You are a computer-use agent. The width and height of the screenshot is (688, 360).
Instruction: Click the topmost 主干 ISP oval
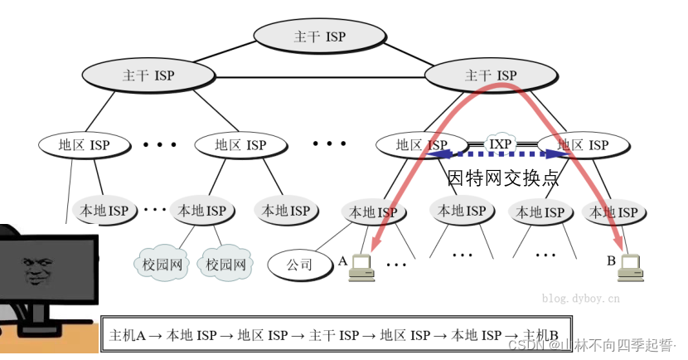pos(319,36)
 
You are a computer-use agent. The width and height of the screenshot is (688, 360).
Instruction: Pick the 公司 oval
pos(299,265)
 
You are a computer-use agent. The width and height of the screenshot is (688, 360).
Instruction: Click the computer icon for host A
pos(361,265)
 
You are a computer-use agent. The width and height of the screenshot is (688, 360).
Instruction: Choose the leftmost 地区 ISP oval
pos(84,145)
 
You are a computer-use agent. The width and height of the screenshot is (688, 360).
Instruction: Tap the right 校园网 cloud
pos(226,265)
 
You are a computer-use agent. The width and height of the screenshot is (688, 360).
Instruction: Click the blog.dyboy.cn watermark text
pos(580,296)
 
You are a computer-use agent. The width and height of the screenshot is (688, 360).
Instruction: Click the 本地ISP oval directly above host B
pos(614,212)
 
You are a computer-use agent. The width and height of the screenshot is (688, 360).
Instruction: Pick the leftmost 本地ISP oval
pos(104,211)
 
